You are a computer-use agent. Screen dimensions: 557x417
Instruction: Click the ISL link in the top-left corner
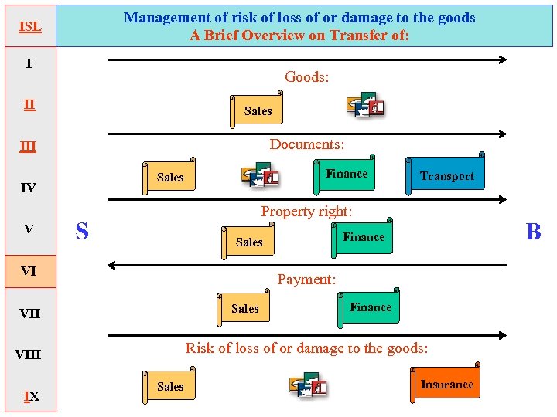pyautogui.click(x=29, y=26)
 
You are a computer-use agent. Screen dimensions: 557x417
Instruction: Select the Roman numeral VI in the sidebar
pyautogui.click(x=29, y=271)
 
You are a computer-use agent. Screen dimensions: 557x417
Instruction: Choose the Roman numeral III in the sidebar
pyautogui.click(x=29, y=146)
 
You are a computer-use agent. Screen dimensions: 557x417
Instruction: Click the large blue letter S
pyautogui.click(x=82, y=231)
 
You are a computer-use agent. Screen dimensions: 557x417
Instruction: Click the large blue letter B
pyautogui.click(x=533, y=232)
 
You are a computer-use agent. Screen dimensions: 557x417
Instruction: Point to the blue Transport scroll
pyautogui.click(x=446, y=176)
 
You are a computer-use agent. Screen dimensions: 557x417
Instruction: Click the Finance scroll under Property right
pyautogui.click(x=363, y=237)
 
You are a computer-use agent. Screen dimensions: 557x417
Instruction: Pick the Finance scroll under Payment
pyautogui.click(x=370, y=307)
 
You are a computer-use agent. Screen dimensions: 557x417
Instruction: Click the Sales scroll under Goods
pyautogui.click(x=258, y=111)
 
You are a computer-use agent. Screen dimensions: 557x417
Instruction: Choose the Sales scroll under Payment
pyautogui.click(x=245, y=309)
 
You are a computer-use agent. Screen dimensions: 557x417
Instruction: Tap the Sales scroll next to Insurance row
pyautogui.click(x=170, y=387)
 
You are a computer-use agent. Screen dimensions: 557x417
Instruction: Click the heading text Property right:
pyautogui.click(x=306, y=212)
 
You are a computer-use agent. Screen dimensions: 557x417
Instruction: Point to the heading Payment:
pyautogui.click(x=306, y=280)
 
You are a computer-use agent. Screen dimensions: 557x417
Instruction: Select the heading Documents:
pyautogui.click(x=306, y=144)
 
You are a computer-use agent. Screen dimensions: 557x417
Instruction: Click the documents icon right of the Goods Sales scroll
pyautogui.click(x=366, y=105)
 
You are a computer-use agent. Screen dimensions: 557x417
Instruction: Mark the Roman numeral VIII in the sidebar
pyautogui.click(x=29, y=355)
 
